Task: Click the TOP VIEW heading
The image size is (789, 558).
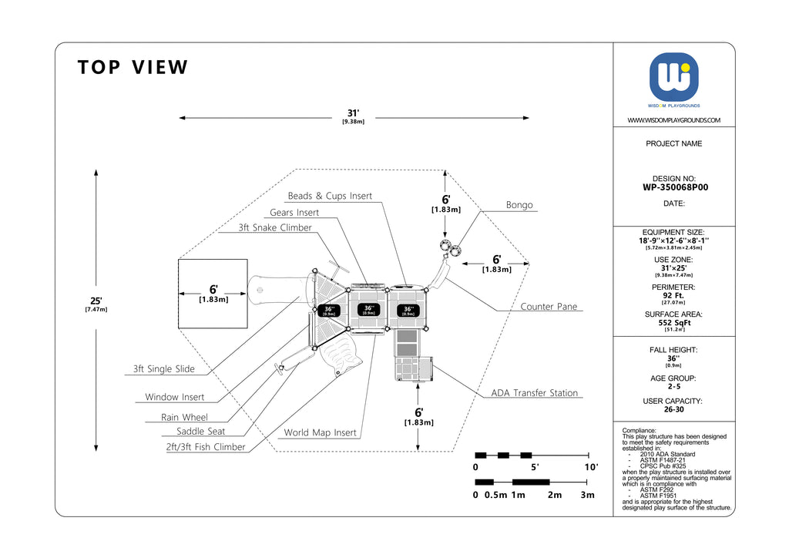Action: click(x=133, y=68)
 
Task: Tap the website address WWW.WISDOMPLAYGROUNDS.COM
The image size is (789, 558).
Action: click(x=674, y=120)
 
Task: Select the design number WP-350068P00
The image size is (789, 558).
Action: click(x=674, y=187)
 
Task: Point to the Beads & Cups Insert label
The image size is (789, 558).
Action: click(x=330, y=196)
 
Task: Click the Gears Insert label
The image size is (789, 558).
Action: click(x=294, y=213)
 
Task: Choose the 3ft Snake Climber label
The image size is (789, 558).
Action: click(x=275, y=228)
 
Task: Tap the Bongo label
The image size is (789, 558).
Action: click(x=519, y=205)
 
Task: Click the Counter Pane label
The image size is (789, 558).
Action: click(x=549, y=307)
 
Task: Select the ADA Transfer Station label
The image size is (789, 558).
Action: click(x=534, y=393)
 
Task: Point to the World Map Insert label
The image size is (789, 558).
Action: click(x=320, y=433)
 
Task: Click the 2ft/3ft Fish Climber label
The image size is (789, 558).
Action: click(x=206, y=447)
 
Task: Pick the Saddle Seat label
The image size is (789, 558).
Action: click(x=201, y=432)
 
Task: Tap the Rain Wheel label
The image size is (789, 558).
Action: click(x=184, y=418)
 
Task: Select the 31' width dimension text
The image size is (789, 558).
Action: click(x=353, y=113)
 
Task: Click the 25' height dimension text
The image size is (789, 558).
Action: click(x=96, y=301)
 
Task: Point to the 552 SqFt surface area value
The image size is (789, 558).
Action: click(x=674, y=323)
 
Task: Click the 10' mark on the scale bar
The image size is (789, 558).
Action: click(x=591, y=468)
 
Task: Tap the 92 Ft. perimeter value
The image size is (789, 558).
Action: click(x=674, y=295)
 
